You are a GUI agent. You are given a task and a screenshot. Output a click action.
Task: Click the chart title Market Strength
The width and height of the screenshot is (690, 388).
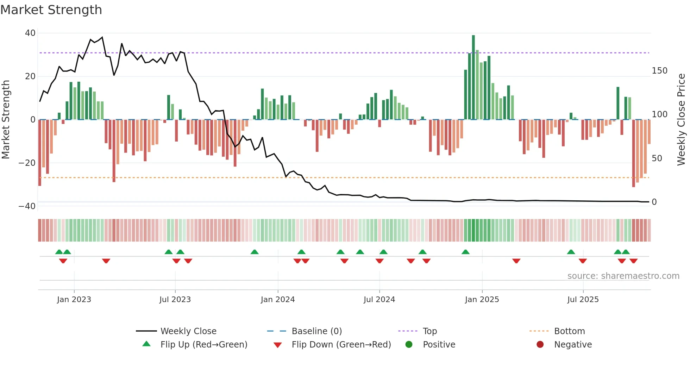(x=51, y=10)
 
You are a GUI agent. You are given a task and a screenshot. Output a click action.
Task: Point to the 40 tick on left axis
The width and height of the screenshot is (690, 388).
(x=30, y=33)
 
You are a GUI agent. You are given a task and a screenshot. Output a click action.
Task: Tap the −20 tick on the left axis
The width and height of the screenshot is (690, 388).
(x=27, y=163)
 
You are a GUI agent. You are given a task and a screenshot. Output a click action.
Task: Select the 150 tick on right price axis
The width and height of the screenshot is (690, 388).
(x=659, y=71)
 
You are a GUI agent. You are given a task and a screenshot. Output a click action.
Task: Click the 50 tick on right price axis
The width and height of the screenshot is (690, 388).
(x=657, y=158)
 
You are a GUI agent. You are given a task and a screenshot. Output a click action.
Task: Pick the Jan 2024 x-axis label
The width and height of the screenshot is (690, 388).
(x=278, y=300)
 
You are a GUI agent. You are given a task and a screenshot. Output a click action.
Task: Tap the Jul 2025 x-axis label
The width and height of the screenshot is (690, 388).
(x=583, y=300)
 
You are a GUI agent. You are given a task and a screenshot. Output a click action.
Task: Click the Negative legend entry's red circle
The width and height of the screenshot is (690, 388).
(x=540, y=344)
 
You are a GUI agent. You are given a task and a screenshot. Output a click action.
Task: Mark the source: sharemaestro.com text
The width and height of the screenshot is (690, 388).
(x=623, y=276)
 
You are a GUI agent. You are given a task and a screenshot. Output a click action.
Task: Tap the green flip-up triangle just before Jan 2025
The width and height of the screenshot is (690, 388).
(x=465, y=252)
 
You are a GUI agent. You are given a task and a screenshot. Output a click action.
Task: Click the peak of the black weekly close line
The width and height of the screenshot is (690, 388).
(x=102, y=37)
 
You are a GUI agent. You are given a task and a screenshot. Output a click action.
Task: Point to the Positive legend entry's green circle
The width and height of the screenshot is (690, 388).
(x=409, y=344)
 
